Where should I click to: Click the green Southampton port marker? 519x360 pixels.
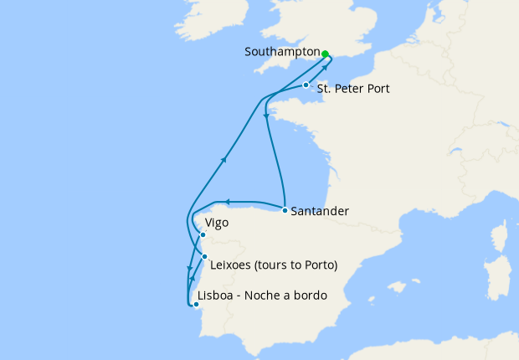coord(326,52)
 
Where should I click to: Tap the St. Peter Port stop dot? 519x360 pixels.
coord(306,85)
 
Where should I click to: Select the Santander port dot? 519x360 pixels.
coord(285,209)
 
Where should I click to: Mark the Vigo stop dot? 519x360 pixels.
coord(203,235)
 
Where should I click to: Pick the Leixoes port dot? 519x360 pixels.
coord(205,256)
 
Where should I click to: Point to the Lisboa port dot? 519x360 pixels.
coord(196,305)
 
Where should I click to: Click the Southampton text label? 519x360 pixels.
coord(281,52)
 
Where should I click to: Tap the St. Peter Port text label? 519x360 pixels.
coord(354,88)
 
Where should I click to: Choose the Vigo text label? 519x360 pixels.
coord(217,224)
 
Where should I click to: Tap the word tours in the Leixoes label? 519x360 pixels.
coord(280,265)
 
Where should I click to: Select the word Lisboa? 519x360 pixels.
coord(215,296)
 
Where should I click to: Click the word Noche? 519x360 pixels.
coord(266,296)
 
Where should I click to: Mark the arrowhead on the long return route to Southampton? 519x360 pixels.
coord(224,158)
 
